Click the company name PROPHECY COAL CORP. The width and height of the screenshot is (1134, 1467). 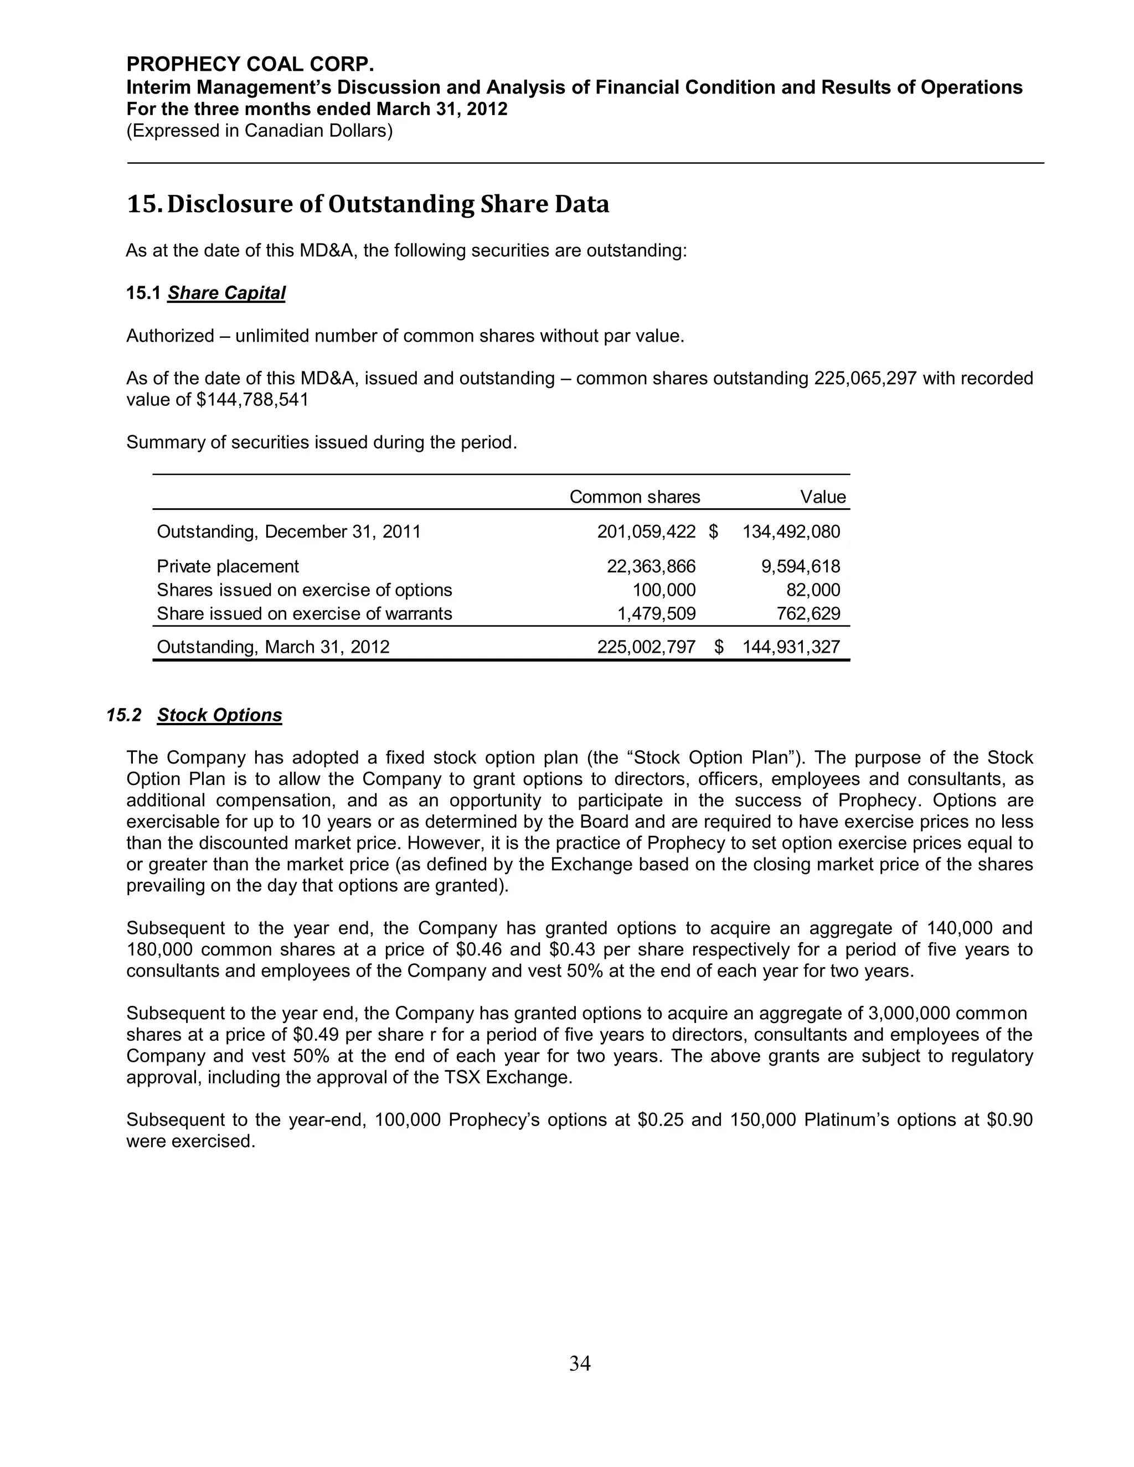tap(250, 64)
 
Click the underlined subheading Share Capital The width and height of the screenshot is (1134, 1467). tap(226, 293)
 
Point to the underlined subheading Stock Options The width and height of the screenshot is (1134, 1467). tap(220, 715)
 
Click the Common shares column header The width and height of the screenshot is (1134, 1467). tap(634, 497)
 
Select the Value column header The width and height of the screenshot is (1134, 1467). tap(822, 497)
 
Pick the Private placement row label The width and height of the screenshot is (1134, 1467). tap(228, 566)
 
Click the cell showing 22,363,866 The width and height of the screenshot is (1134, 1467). tap(651, 566)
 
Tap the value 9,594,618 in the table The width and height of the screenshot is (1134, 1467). tap(800, 566)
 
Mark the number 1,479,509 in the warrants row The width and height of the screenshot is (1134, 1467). tap(656, 613)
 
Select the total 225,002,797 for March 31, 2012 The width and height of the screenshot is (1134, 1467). tap(646, 647)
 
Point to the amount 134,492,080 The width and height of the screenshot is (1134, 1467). tap(791, 532)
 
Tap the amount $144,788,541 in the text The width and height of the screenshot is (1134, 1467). tap(252, 400)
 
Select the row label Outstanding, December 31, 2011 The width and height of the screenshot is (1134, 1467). tap(289, 532)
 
